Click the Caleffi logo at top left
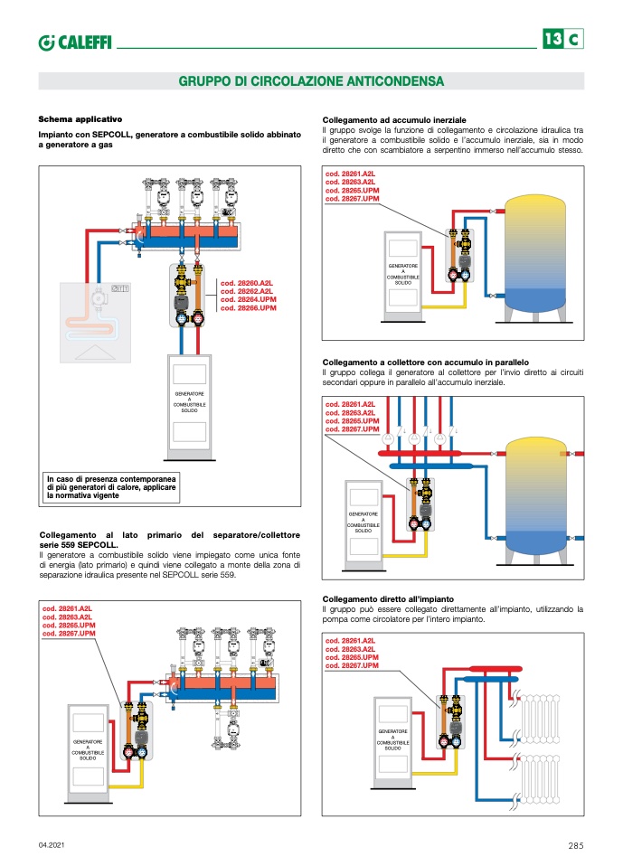click(x=74, y=41)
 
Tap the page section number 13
click(x=552, y=39)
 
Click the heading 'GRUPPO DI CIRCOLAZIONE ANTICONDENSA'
click(x=311, y=81)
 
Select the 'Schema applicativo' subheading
click(x=80, y=119)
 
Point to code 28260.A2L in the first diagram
click(x=247, y=283)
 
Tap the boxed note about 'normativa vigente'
click(x=112, y=486)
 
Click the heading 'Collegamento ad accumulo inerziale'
click(x=394, y=119)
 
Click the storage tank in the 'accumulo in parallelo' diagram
click(x=538, y=497)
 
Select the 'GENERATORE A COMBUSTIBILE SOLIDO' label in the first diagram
click(x=189, y=402)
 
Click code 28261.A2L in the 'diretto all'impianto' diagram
click(x=348, y=641)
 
